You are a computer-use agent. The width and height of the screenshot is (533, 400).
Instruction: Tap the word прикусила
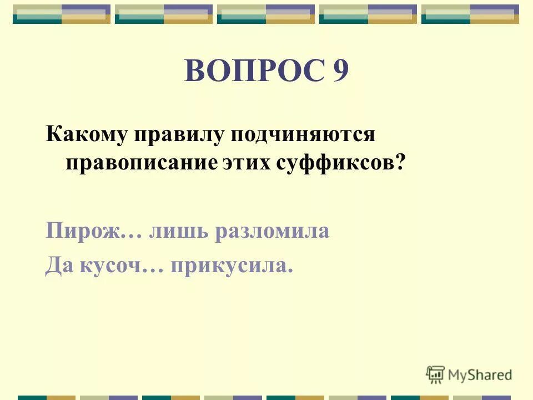231,268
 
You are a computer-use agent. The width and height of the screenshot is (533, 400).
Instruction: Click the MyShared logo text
480,374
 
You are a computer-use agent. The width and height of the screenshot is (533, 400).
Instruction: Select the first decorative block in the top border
62,14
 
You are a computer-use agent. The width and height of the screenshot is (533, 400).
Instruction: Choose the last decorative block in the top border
470,14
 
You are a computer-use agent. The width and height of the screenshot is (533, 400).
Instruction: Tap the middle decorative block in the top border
266,14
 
